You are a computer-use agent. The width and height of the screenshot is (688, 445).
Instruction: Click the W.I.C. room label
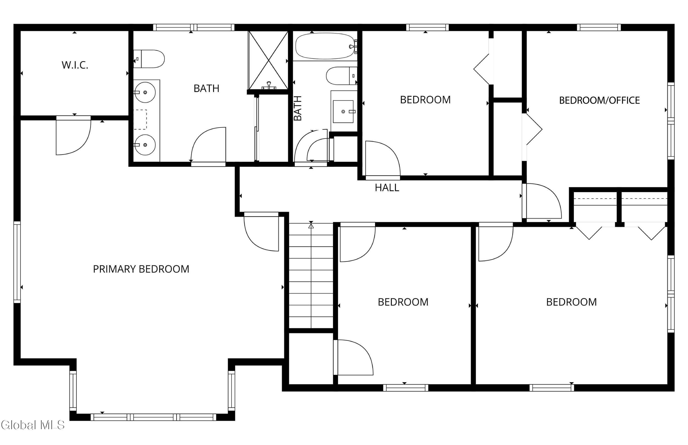click(x=75, y=65)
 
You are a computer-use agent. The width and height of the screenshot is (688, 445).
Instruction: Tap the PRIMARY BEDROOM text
click(x=141, y=269)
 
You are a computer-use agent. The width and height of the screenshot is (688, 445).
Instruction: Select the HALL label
click(x=387, y=188)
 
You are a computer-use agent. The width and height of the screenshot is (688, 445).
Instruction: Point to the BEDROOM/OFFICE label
click(x=599, y=100)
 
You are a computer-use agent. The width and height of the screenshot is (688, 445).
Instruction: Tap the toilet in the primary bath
click(x=149, y=59)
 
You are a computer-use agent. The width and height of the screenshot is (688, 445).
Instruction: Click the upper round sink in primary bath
click(x=145, y=92)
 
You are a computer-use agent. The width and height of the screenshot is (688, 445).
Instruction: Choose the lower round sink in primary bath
click(x=145, y=145)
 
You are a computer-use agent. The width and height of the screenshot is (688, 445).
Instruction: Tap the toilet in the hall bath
click(x=342, y=76)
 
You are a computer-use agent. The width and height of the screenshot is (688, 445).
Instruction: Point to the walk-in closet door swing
click(x=73, y=135)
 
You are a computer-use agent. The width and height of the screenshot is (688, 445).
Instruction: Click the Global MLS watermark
click(x=32, y=425)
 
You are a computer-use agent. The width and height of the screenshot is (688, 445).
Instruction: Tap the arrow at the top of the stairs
click(x=311, y=225)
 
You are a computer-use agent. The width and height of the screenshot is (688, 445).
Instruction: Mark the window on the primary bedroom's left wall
click(x=17, y=262)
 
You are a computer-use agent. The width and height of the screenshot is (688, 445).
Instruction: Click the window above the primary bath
click(x=194, y=28)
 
